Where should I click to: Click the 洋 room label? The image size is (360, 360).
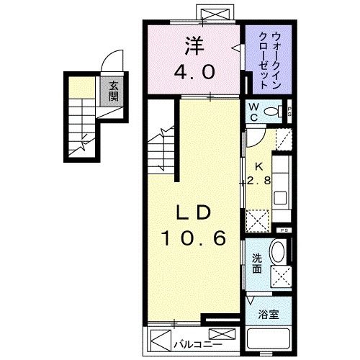point(194,45)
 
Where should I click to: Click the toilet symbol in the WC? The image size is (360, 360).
point(273,112)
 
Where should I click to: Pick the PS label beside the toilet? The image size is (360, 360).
point(289,112)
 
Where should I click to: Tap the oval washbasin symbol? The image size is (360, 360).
point(277,253)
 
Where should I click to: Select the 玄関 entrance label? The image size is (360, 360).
point(114,91)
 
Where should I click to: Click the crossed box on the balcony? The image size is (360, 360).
point(225,335)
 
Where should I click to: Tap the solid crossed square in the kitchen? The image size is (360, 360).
point(256,219)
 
